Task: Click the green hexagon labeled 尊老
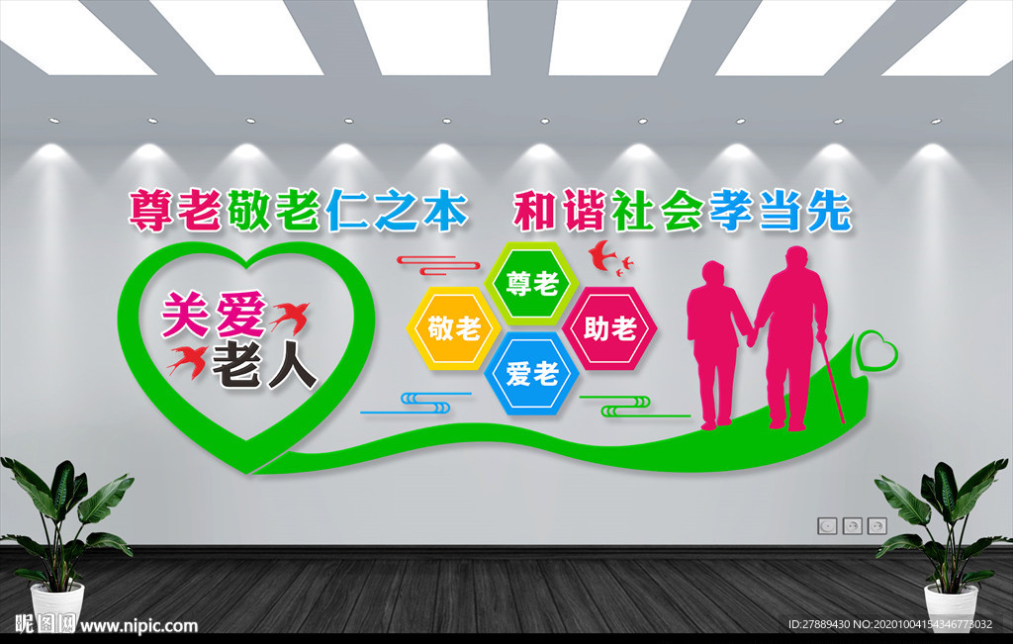532,284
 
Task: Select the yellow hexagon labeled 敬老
453,327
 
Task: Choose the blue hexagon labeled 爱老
532,374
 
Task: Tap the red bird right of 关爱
289,316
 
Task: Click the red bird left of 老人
187,359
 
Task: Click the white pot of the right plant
951,602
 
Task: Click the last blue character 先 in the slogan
828,211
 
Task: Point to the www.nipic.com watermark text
138,625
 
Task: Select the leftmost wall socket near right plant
827,525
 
